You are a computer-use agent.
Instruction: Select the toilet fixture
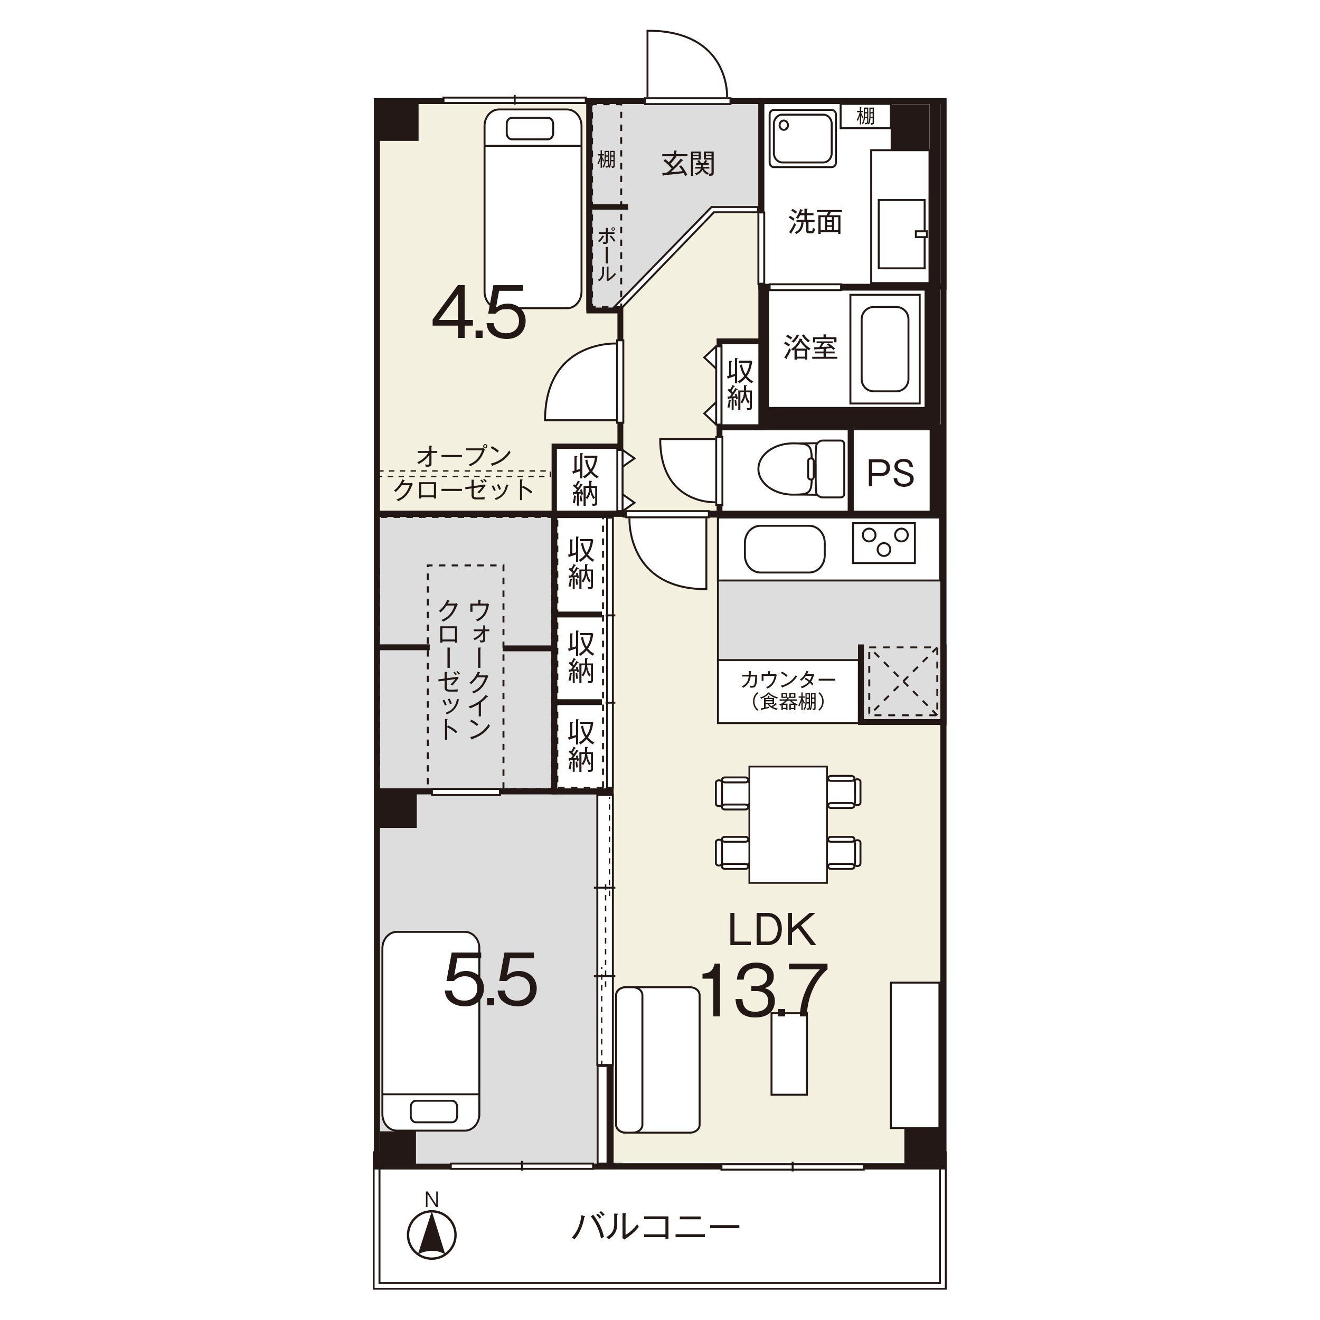pos(802,469)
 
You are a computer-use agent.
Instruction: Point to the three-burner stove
pos(883,542)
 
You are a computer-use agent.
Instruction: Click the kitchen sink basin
pos(785,548)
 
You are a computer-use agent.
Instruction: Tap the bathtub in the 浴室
pos(885,349)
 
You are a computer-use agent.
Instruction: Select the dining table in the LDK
pos(788,824)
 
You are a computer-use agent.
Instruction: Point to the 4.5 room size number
pos(479,312)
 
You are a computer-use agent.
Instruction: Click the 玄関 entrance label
pos(688,164)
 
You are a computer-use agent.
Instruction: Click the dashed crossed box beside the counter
pos(902,682)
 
